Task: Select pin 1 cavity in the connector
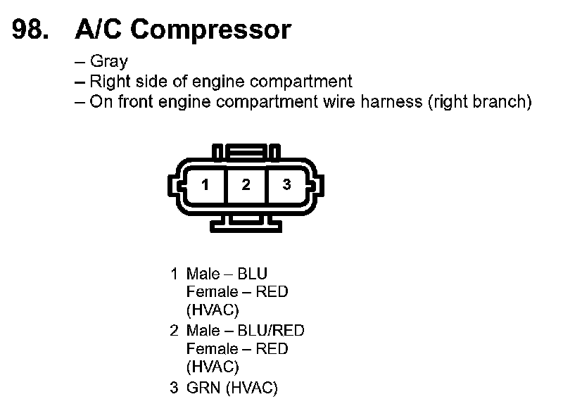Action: coord(205,185)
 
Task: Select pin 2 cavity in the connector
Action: coord(246,185)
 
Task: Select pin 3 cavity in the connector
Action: coord(286,185)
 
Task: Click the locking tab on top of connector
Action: coord(246,152)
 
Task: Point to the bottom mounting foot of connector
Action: coord(246,223)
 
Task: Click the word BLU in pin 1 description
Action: coord(253,274)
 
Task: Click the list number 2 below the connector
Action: coord(174,331)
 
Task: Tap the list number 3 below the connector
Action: coord(174,388)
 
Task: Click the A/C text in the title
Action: coord(98,30)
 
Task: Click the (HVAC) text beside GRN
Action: coord(252,388)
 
